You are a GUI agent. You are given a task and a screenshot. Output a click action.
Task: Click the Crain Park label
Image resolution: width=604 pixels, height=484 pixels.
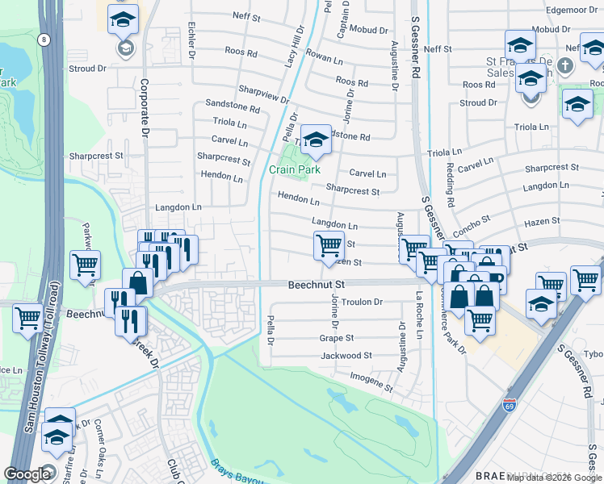point(294,169)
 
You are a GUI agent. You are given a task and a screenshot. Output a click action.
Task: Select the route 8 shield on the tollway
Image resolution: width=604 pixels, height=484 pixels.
point(41,38)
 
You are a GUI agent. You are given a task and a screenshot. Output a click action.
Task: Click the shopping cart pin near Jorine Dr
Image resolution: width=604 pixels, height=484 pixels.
point(328,245)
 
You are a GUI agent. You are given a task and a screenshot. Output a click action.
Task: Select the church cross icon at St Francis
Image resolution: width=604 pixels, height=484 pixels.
point(566,65)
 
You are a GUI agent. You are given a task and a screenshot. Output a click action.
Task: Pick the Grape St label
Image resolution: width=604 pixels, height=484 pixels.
point(337,338)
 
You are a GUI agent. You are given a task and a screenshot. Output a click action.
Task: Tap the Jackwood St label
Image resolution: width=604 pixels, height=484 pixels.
point(346,355)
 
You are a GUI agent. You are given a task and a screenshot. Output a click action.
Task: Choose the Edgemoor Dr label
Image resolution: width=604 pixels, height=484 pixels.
point(568,10)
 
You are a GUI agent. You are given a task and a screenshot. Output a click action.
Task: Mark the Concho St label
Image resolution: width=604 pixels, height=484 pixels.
point(472,222)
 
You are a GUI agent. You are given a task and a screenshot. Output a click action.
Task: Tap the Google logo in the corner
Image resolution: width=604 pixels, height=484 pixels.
point(27,474)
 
